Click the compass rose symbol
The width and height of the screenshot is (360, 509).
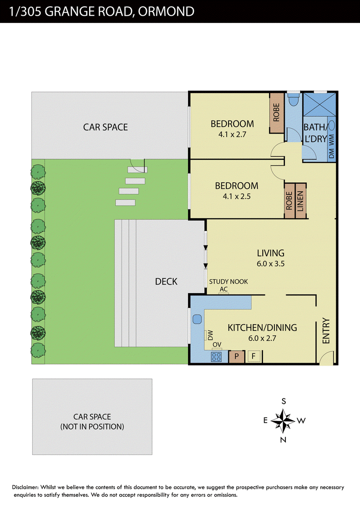pos(283,421)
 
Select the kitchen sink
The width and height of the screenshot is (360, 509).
pos(197,319)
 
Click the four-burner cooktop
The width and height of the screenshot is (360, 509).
pos(216,357)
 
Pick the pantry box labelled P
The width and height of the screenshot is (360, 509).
pos(237,357)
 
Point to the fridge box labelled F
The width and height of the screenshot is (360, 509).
pos(253,357)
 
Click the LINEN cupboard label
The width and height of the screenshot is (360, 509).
pos(300,201)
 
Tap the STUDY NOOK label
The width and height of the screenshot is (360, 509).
pos(229,281)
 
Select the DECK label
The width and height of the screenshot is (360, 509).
pos(166,281)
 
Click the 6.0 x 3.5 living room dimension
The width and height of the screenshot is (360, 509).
pos(270,263)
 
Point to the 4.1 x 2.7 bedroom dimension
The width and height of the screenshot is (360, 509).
pos(232,134)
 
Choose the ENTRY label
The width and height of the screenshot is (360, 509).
pos(326,330)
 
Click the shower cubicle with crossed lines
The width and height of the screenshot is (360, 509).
pos(319,104)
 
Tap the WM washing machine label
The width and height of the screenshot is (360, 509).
pos(331,140)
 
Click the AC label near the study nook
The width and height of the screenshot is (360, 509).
pos(224,289)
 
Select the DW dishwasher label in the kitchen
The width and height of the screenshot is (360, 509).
pos(210,335)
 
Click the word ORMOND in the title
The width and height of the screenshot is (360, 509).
pos(166,11)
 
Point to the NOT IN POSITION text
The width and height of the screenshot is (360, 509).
pos(92,427)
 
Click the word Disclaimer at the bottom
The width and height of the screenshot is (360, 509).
pos(25,487)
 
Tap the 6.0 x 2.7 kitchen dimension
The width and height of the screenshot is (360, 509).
pos(262,338)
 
